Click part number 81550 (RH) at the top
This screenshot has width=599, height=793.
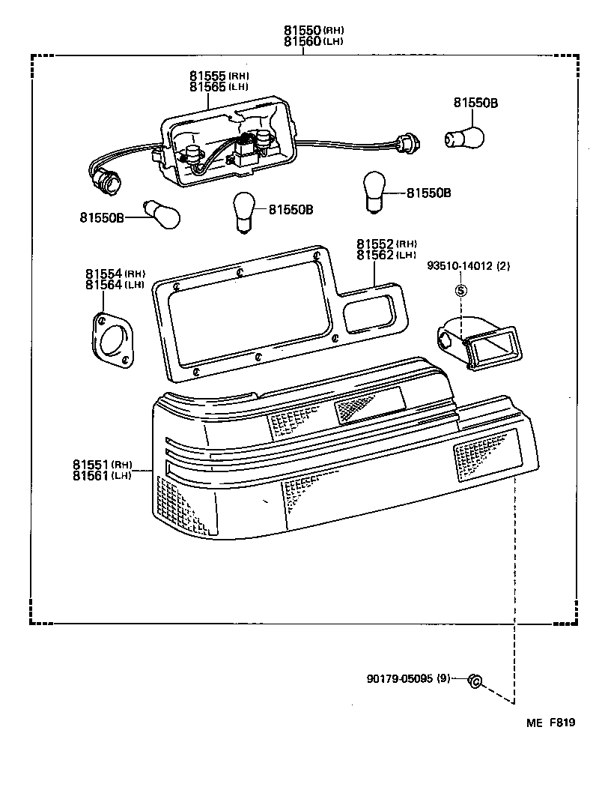pyautogui.click(x=313, y=30)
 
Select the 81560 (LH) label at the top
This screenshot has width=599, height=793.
pyautogui.click(x=313, y=41)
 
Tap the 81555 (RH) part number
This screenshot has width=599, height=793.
pyautogui.click(x=219, y=76)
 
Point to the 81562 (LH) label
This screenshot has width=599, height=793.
pyautogui.click(x=386, y=256)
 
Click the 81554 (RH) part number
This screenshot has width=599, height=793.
pyautogui.click(x=115, y=274)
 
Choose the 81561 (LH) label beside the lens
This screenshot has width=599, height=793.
pyautogui.click(x=103, y=476)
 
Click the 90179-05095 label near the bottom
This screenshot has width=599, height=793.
pyautogui.click(x=408, y=679)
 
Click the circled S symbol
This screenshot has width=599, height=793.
pyautogui.click(x=461, y=290)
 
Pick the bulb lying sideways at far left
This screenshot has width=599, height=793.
pyautogui.click(x=162, y=216)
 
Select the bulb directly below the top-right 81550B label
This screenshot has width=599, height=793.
pyautogui.click(x=465, y=136)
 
